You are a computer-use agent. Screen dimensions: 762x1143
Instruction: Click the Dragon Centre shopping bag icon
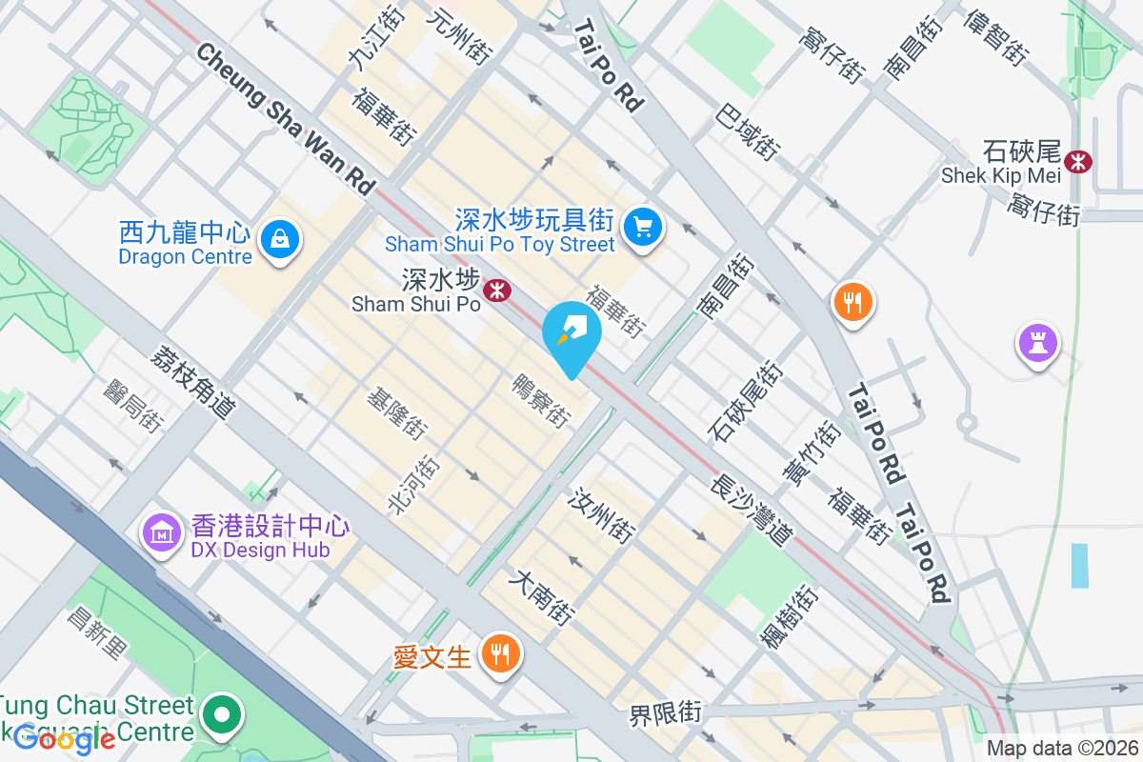tap(281, 239)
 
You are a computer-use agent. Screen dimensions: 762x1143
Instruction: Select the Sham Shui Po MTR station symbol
tap(495, 290)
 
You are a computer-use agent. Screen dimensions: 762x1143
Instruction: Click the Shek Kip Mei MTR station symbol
tap(1078, 161)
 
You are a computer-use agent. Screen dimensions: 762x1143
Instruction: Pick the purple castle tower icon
tap(1037, 342)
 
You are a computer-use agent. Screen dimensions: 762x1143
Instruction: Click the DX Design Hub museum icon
tap(161, 533)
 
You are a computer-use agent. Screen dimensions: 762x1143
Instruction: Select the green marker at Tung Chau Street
tap(222, 714)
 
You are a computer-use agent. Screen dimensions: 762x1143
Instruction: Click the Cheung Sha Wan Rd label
tap(285, 118)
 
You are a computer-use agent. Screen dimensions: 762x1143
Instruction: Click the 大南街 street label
tap(542, 597)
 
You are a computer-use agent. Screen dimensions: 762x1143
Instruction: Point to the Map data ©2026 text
tap(1062, 749)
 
